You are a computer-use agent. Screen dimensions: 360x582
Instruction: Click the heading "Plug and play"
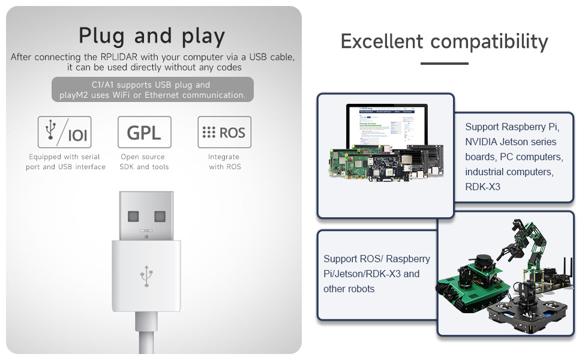(152, 36)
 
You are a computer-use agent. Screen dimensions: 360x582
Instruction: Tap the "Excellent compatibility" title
(444, 41)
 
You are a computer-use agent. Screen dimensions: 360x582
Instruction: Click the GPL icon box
(145, 132)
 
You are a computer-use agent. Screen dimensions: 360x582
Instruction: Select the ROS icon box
(224, 132)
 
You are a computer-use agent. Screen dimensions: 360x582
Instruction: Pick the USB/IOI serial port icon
(65, 132)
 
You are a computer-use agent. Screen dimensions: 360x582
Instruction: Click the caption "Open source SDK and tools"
(144, 162)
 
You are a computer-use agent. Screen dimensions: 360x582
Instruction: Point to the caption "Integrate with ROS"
(224, 162)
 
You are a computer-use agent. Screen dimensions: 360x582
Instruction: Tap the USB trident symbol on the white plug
(146, 276)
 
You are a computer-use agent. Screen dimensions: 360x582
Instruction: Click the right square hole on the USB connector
(160, 216)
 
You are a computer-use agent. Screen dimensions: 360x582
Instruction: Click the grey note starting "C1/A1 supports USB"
(152, 90)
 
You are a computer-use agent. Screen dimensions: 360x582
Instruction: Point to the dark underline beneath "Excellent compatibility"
(444, 63)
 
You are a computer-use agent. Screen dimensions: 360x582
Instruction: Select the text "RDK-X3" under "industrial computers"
(482, 187)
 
